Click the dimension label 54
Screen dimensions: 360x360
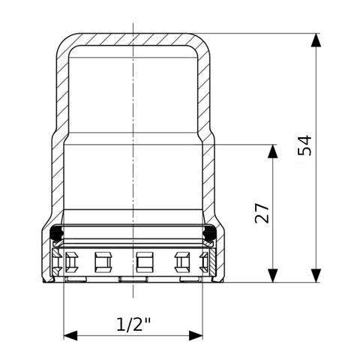click(x=304, y=145)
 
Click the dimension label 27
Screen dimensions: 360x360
click(x=262, y=213)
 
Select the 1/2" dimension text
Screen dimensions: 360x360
click(x=133, y=324)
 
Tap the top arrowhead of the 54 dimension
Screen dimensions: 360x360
click(x=316, y=40)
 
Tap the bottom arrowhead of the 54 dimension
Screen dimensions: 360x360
click(x=316, y=275)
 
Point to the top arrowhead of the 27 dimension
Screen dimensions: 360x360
click(x=272, y=151)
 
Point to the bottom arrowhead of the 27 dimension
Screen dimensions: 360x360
click(x=272, y=275)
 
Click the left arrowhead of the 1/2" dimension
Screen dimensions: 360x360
click(x=70, y=335)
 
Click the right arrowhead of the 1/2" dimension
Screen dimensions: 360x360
click(x=196, y=335)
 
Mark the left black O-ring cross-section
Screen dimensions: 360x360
click(x=57, y=232)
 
